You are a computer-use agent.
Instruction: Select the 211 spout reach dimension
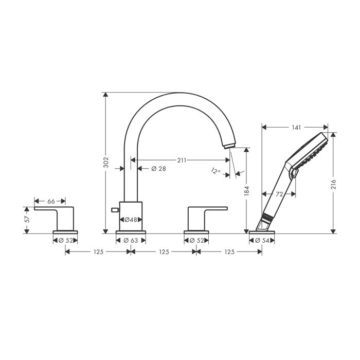pyautogui.click(x=182, y=160)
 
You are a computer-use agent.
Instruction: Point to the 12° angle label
pyautogui.click(x=215, y=171)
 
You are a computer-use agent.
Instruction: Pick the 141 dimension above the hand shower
pyautogui.click(x=295, y=127)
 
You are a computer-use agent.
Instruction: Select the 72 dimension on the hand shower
pyautogui.click(x=278, y=194)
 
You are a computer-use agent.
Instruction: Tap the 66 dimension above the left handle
pyautogui.click(x=50, y=201)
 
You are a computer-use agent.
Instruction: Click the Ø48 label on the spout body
pyautogui.click(x=131, y=220)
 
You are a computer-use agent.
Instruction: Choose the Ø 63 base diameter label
pyautogui.click(x=131, y=240)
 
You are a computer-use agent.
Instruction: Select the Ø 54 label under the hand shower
pyautogui.click(x=262, y=240)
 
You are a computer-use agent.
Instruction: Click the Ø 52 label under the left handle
pyautogui.click(x=65, y=240)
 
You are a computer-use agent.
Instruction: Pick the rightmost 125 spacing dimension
pyautogui.click(x=229, y=252)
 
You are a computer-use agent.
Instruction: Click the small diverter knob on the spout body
pyautogui.click(x=115, y=210)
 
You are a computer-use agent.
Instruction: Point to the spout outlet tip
pyautogui.click(x=230, y=146)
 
